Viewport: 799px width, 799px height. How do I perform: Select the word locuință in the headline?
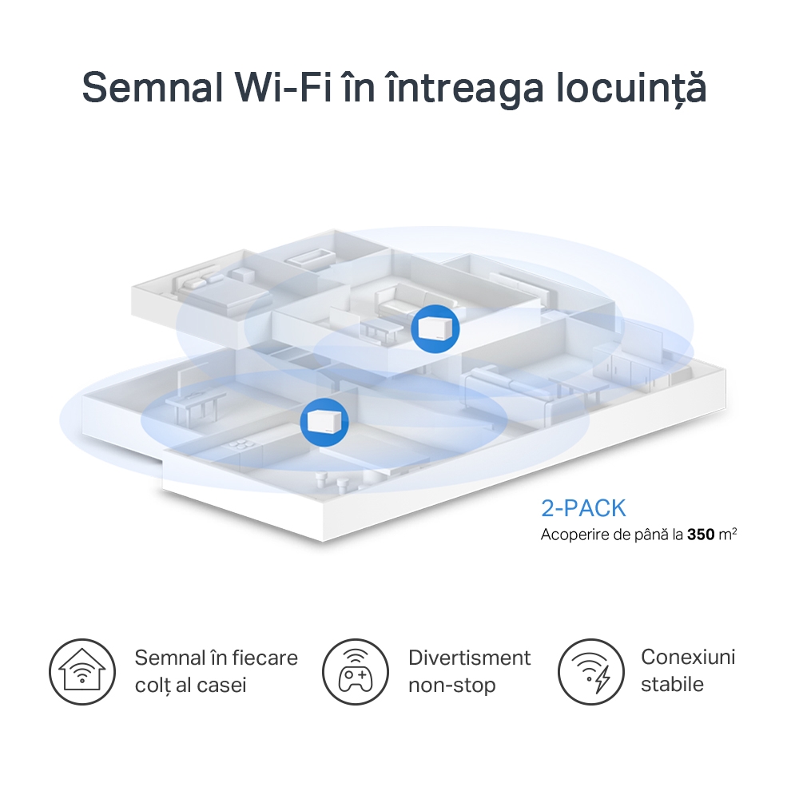coord(631,88)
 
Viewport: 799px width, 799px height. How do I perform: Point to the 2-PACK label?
coord(583,508)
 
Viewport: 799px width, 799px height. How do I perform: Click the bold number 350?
coord(701,534)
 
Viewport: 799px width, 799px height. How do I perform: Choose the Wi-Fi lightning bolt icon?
coord(590,670)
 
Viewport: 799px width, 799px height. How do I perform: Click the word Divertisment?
coord(469,658)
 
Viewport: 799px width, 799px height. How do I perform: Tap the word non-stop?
coord(451,685)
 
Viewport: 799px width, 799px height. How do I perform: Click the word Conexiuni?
coord(688,657)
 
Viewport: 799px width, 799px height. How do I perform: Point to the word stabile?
coord(672,684)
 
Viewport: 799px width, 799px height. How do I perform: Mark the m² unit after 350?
coord(728,534)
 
